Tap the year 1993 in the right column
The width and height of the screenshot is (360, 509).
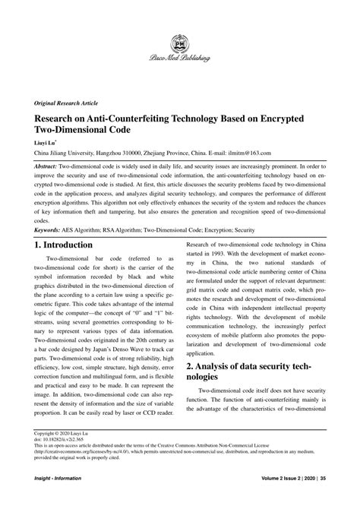click(229, 254)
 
